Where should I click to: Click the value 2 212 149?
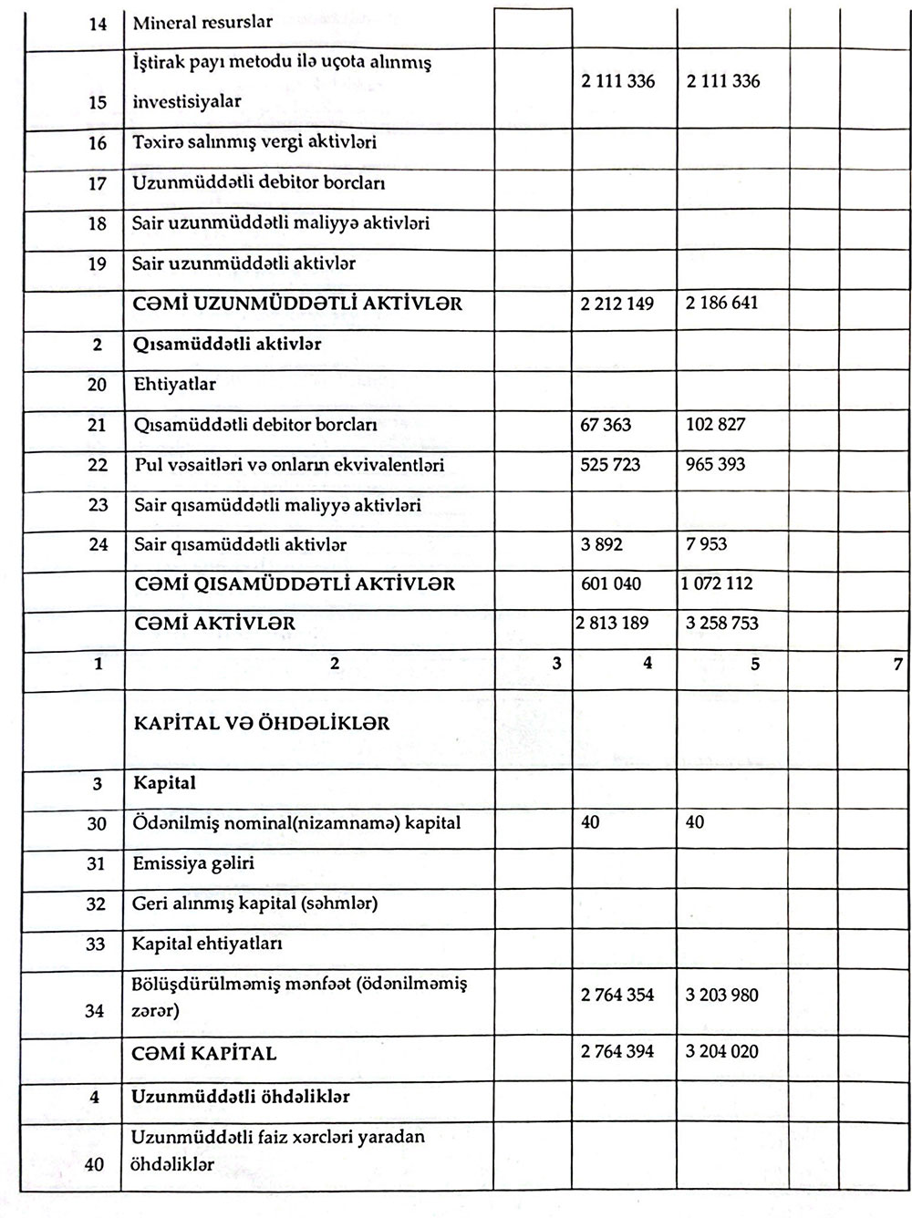pos(617,304)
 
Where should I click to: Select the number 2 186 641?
pos(721,303)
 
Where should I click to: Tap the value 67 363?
pos(606,425)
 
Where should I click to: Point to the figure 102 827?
pos(715,424)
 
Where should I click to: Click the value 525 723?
pos(610,465)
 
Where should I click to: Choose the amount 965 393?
pos(715,464)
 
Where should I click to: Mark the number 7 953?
pos(708,544)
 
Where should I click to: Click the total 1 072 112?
pos(717,583)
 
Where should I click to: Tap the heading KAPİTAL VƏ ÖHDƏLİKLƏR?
pos(262,724)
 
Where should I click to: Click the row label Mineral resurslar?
pos(202,23)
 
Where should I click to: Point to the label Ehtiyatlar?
pos(175,385)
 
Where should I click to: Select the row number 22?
pos(98,465)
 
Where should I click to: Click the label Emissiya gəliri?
pos(193,863)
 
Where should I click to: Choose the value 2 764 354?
pos(617,996)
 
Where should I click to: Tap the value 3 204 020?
pos(721,1052)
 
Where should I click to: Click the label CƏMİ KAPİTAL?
pos(205,1054)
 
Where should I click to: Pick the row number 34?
pos(95,1011)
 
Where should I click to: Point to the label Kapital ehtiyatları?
pos(207,944)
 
